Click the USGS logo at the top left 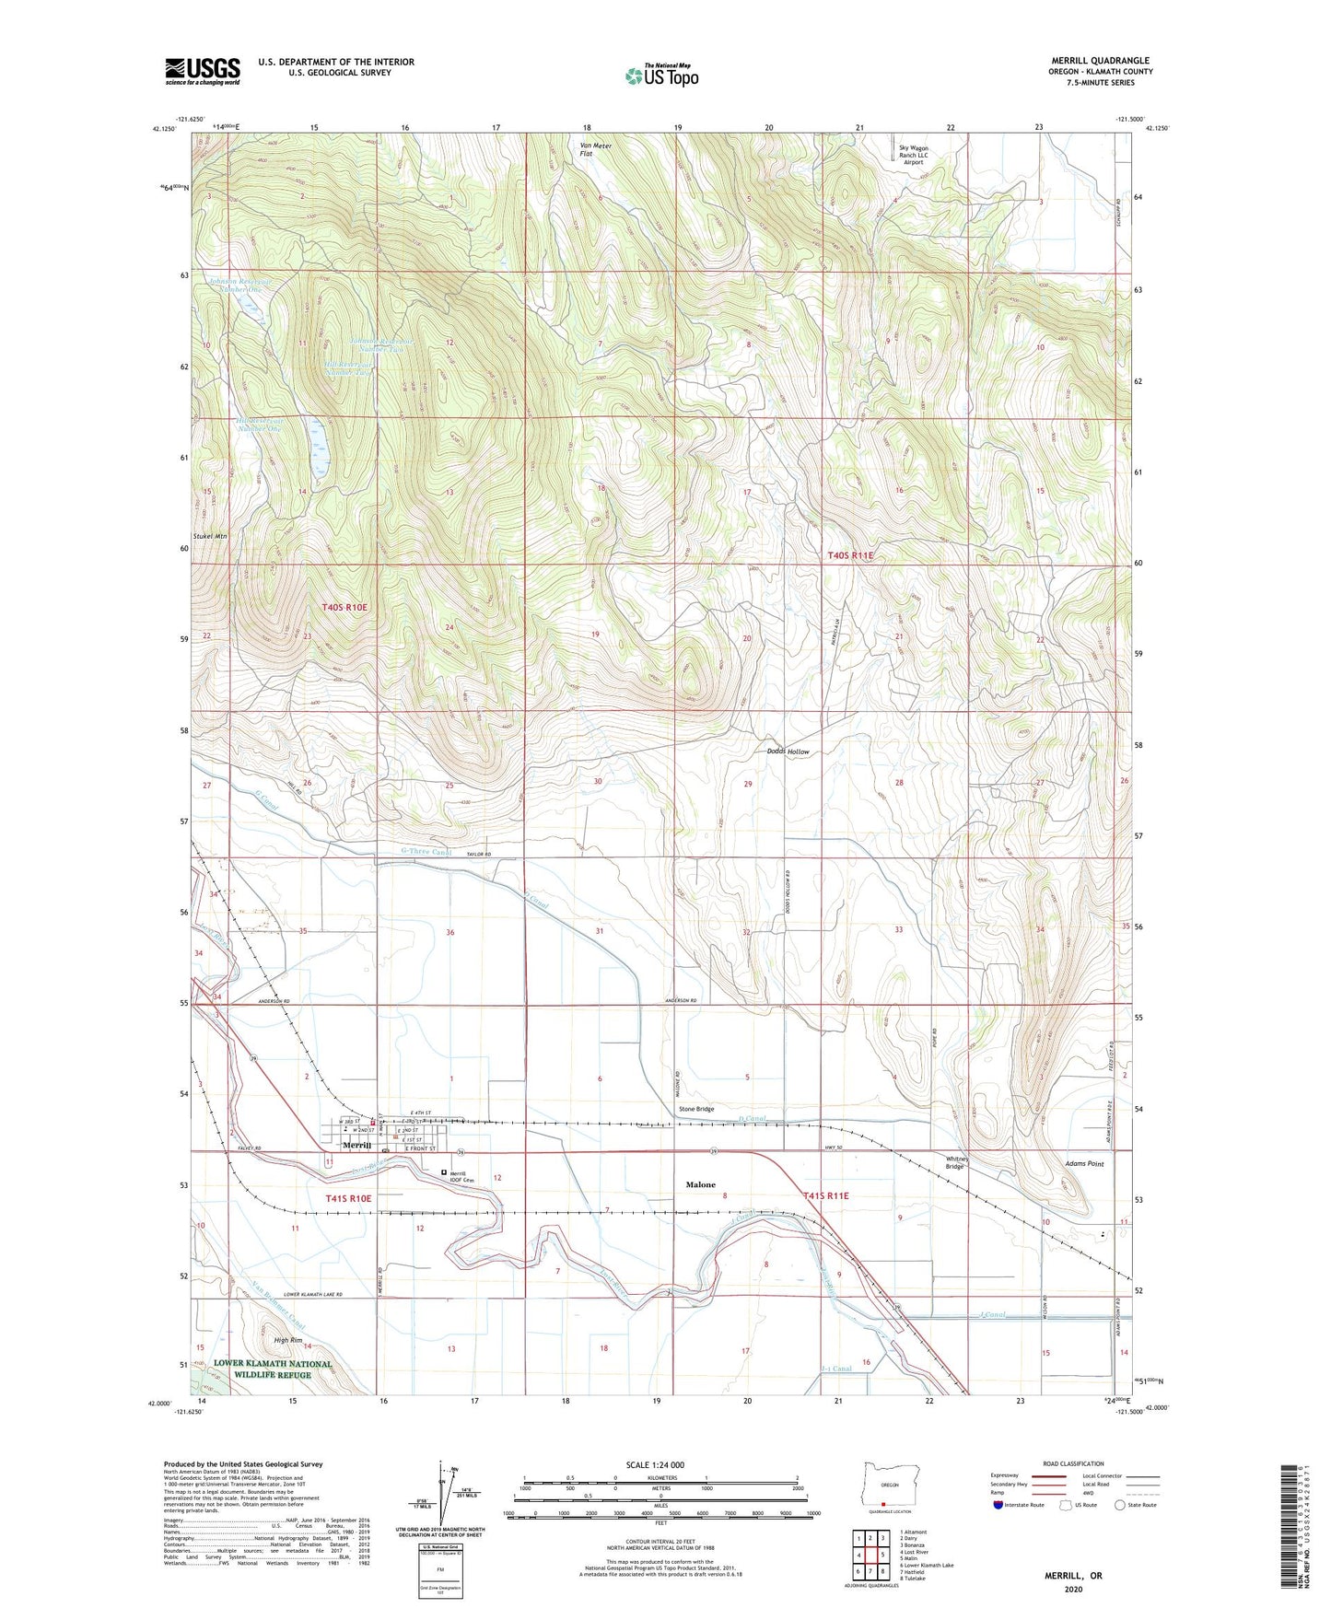coord(203,71)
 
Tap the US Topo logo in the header coord(660,76)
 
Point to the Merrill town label coord(356,1146)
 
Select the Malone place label coord(700,1184)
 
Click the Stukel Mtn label coord(209,535)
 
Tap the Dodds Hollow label coord(788,752)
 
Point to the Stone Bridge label coord(696,1109)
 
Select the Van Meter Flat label coord(595,149)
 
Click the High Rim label coord(284,1340)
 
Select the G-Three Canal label coord(426,852)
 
